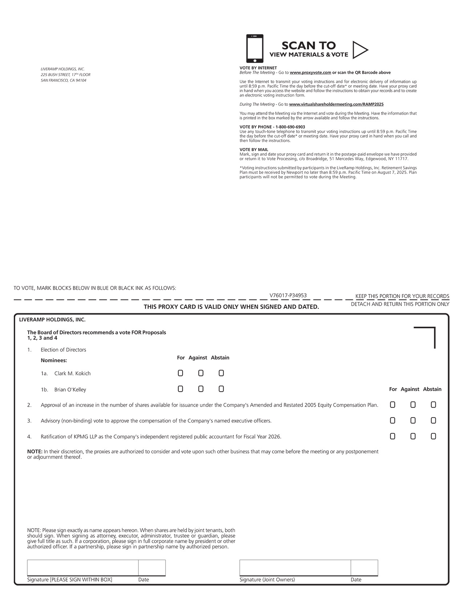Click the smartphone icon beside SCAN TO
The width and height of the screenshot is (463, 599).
255,49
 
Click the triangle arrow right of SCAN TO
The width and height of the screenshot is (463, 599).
359,50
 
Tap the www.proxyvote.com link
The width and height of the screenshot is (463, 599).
310,73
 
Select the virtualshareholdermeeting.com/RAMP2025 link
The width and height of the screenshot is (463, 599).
336,105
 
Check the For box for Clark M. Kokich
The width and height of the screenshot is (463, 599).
180,373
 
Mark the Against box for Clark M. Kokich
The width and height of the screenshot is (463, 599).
201,373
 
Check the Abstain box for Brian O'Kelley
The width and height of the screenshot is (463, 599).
221,389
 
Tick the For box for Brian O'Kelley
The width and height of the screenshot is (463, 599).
180,389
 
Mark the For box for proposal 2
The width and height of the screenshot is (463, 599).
393,405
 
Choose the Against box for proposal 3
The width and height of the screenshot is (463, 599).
413,421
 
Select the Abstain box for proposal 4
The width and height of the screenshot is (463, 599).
433,436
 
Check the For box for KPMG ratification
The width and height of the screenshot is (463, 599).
393,436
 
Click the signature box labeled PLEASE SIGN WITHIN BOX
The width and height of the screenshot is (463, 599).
83,568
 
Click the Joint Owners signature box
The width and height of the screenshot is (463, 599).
295,568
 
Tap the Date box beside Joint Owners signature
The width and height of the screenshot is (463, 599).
364,568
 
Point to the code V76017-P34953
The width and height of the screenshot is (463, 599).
288,296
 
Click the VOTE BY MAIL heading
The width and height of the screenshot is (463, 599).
254,150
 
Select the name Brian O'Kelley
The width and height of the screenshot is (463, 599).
70,390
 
